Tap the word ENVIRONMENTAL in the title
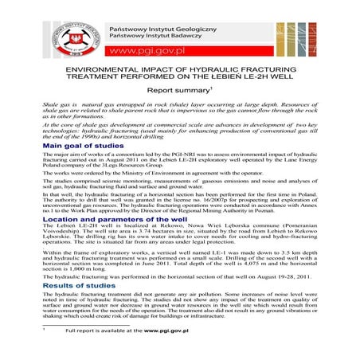coord(111,70)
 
